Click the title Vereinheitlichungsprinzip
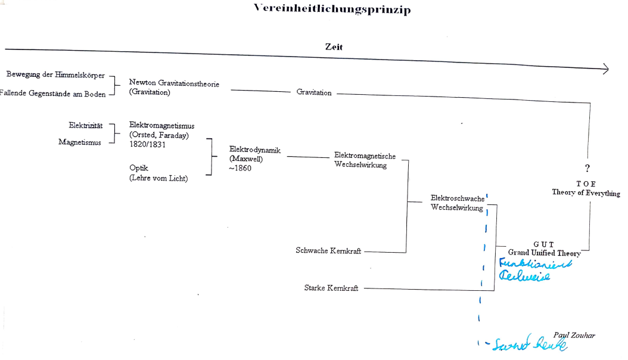(332, 9)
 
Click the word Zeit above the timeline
(334, 46)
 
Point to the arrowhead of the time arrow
(605, 69)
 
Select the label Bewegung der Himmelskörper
(55, 75)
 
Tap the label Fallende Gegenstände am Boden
(53, 94)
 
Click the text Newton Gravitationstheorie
(174, 84)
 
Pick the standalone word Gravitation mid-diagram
(314, 92)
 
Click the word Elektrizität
(86, 126)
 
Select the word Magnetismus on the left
(80, 142)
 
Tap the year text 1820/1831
(147, 145)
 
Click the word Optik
(139, 169)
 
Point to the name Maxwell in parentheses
(246, 159)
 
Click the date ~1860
(240, 168)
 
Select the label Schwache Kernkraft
(328, 251)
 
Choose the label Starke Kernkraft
(331, 288)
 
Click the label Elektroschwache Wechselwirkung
(458, 203)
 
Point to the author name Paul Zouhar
(574, 336)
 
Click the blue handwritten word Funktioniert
(534, 264)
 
